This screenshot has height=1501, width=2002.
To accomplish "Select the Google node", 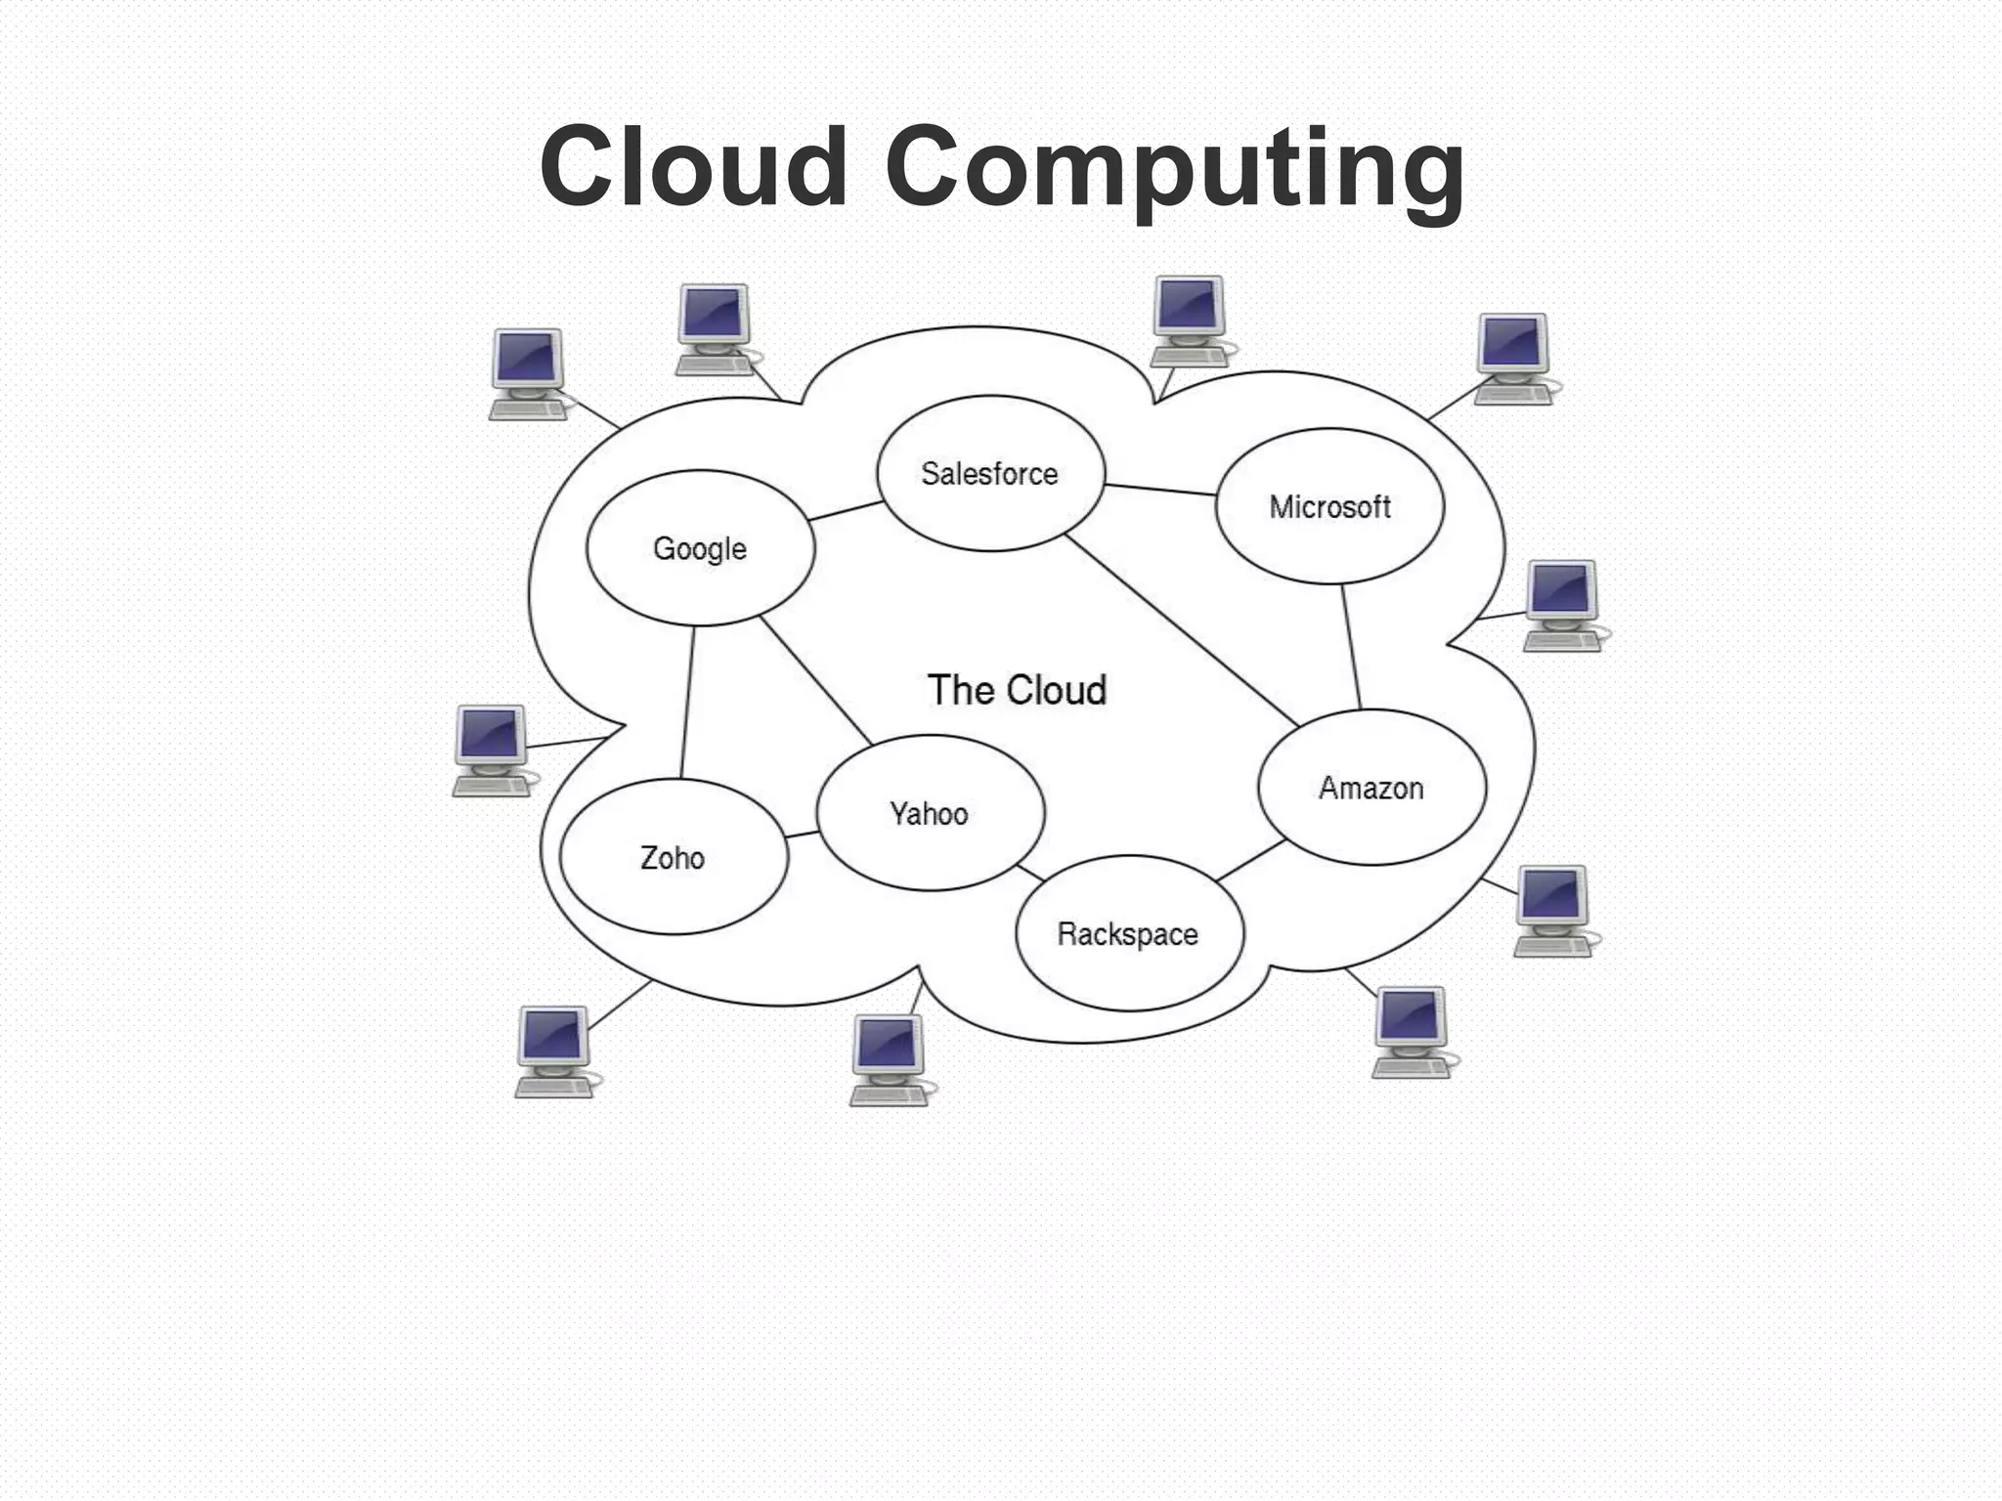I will (x=700, y=548).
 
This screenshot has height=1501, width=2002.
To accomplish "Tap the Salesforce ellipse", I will (x=990, y=474).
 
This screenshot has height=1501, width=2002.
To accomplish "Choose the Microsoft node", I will (x=1329, y=506).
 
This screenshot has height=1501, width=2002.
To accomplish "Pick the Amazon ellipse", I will (x=1371, y=788).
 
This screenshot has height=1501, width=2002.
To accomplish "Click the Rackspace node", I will (x=1128, y=934).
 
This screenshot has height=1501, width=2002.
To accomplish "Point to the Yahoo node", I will (x=930, y=813).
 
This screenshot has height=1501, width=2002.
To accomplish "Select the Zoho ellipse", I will (x=673, y=858).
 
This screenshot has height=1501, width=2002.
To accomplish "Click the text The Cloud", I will (x=1017, y=690).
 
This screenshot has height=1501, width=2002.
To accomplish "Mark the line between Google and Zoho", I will (x=687, y=703).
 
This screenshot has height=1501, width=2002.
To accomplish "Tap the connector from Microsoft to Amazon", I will (x=1351, y=647).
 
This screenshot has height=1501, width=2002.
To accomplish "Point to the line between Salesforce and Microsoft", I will (x=1160, y=490).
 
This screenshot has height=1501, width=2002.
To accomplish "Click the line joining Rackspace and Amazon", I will (x=1251, y=861).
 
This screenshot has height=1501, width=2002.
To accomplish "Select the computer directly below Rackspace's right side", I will (x=1411, y=1031).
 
